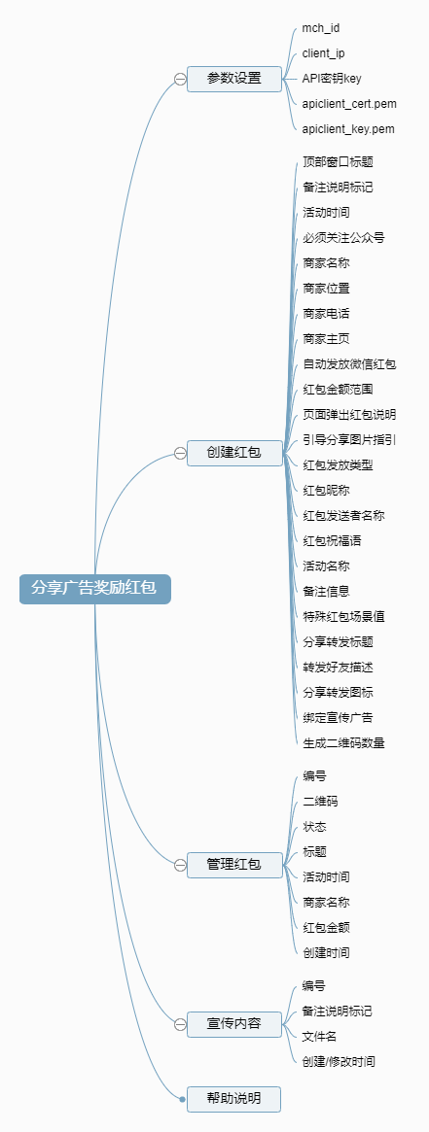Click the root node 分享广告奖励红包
(x=94, y=589)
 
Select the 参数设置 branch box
(x=234, y=79)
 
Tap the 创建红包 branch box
(x=234, y=453)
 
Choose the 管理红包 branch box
(x=234, y=864)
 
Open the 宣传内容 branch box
(x=234, y=1024)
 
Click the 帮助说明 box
(x=234, y=1099)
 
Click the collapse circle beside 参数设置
(x=180, y=80)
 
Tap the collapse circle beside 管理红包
(x=180, y=865)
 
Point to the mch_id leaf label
(x=321, y=28)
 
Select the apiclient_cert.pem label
(x=349, y=104)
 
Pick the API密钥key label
(x=332, y=79)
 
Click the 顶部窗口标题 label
(x=338, y=161)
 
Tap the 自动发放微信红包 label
(x=349, y=363)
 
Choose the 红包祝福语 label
(x=333, y=540)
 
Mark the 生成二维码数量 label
(x=343, y=743)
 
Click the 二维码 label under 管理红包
(x=320, y=802)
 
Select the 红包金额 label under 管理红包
(x=327, y=928)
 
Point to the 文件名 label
(x=320, y=1037)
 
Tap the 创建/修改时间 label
(x=339, y=1062)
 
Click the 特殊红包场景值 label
(x=343, y=617)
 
